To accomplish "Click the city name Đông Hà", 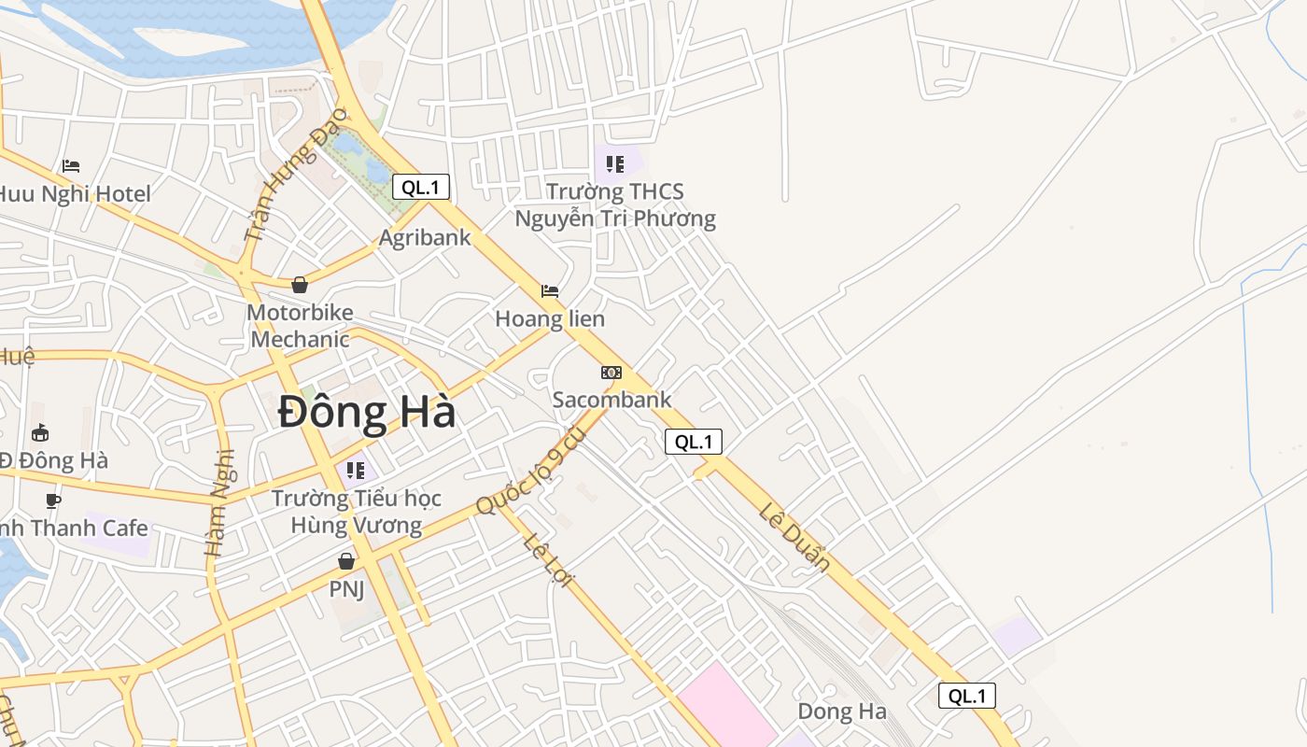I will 367,413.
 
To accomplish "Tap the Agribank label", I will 425,237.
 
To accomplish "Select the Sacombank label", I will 611,400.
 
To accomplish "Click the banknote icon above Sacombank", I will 611,373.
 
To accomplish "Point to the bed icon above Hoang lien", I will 550,291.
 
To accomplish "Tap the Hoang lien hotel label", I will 550,318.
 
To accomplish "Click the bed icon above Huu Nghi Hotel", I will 71,166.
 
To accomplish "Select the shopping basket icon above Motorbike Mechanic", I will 300,285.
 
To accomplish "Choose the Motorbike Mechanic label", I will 300,325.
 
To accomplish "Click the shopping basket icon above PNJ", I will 346,561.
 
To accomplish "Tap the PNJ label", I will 346,589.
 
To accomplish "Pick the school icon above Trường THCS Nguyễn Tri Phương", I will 614,164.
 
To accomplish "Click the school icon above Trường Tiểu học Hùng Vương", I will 355,470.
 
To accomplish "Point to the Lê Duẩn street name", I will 794,537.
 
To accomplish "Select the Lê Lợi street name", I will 547,560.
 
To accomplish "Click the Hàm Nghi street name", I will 219,504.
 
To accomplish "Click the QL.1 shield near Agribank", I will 421,187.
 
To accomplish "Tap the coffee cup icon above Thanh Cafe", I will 53,500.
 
